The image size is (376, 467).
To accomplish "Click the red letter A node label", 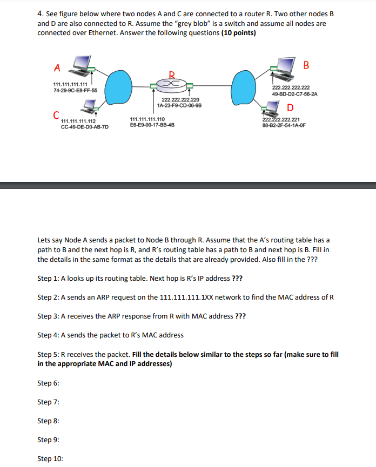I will tap(57, 67).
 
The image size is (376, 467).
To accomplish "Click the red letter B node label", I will tap(307, 66).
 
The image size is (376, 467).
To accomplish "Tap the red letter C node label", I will tap(56, 115).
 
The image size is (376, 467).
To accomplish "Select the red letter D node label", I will tap(291, 107).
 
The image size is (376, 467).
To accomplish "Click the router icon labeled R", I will tap(171, 84).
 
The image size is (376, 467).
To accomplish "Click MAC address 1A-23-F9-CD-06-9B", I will tap(179, 106).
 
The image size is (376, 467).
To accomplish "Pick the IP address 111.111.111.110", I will tap(147, 119).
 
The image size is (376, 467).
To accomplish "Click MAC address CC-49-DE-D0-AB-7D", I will tap(85, 127).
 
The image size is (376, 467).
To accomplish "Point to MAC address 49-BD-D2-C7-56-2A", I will tap(294, 93).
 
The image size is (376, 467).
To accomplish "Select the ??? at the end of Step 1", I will tap(237, 279).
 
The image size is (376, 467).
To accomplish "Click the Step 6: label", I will tap(48, 383).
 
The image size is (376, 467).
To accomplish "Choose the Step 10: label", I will tap(50, 459).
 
